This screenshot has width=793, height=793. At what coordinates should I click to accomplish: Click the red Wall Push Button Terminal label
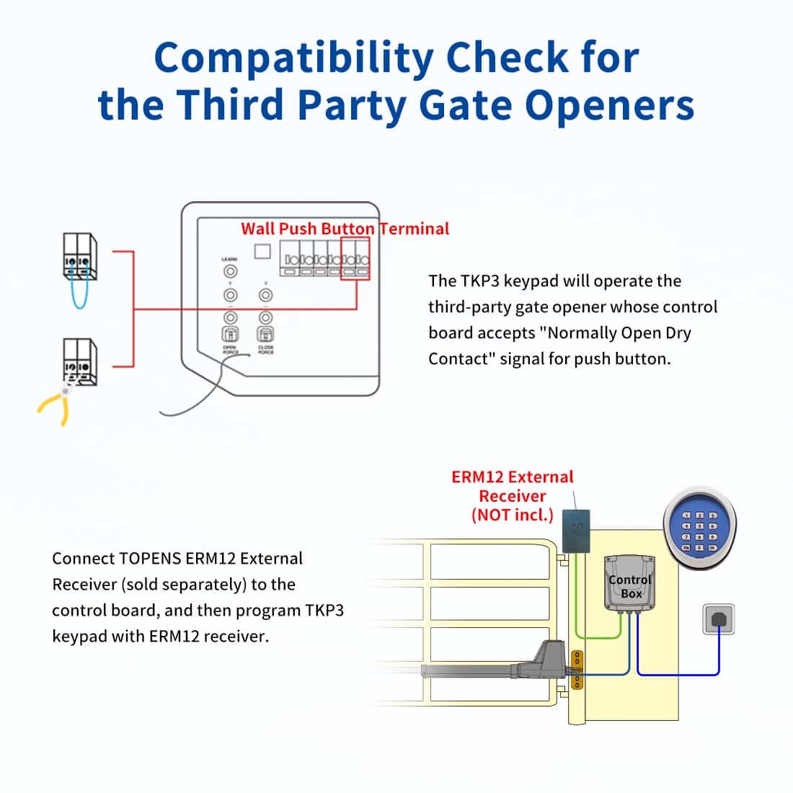(x=345, y=229)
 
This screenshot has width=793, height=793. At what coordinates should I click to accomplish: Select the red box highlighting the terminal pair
(x=355, y=259)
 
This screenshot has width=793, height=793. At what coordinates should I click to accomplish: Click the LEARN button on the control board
(x=230, y=272)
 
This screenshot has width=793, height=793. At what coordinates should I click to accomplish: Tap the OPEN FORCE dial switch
(x=230, y=334)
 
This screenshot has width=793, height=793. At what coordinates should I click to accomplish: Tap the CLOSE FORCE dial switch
(x=265, y=334)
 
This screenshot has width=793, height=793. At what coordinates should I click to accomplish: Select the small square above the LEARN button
(x=263, y=251)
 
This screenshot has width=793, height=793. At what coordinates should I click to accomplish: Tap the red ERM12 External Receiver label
(x=512, y=495)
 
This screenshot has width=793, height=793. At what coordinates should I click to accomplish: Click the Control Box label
(x=629, y=586)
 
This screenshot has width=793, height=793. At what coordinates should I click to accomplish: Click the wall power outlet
(x=719, y=619)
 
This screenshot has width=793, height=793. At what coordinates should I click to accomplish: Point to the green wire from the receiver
(x=598, y=637)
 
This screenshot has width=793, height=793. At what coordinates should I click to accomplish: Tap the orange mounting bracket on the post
(x=576, y=669)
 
